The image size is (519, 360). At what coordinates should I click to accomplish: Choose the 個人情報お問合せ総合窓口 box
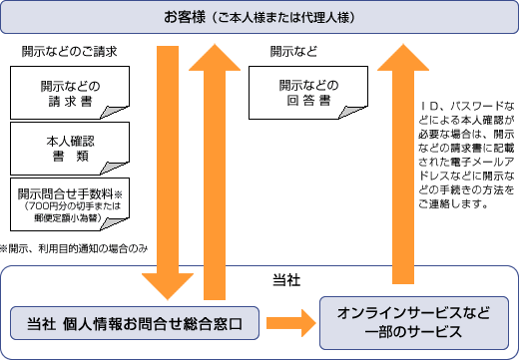click(140, 323)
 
